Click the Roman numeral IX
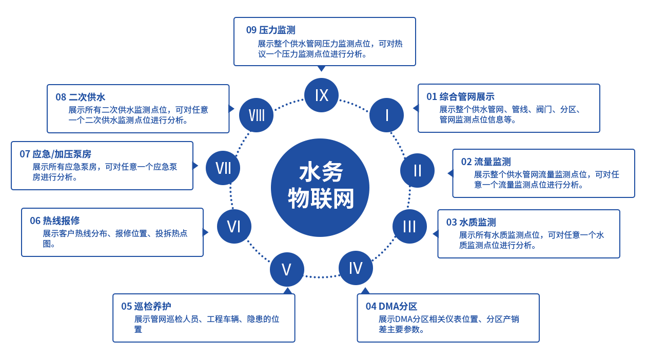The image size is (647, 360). point(322,95)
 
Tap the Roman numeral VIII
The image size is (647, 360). point(257,115)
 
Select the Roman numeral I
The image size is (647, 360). point(387,115)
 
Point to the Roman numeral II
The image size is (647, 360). point(418,171)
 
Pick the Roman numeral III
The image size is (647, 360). point(409,227)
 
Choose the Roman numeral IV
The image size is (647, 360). point(356,268)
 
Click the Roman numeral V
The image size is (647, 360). point(286,270)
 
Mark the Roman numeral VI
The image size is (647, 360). point(234,227)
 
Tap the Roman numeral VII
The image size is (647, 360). point(223,168)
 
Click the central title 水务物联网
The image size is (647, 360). point(321,185)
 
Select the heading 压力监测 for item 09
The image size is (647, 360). point(270,30)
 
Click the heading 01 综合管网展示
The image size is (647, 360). point(461,96)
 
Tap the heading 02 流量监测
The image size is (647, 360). point(483,162)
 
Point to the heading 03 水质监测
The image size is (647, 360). point(468,222)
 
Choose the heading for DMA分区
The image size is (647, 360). point(393,306)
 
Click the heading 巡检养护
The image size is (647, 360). point(149,306)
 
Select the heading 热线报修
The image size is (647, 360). point(57,221)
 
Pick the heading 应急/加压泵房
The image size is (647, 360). point(55,154)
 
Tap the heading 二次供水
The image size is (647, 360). point(83,97)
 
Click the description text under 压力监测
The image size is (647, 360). point(331,49)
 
